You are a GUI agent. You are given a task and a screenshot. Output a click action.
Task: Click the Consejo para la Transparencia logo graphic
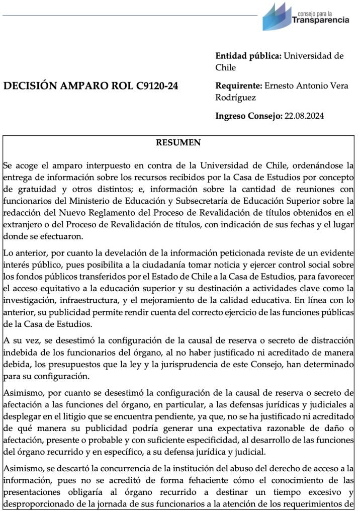pos(276,15)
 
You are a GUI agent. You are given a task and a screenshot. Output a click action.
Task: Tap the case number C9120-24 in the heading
pos(157,86)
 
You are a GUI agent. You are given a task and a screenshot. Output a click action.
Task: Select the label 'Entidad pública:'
pos(248,56)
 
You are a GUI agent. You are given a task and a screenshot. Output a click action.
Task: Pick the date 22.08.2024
pos(304,116)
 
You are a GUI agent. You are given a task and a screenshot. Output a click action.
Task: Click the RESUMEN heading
pos(178,143)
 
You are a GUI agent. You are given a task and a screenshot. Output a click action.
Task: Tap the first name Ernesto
pos(282,86)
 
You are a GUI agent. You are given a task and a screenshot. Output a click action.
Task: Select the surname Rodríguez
pos(235,97)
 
